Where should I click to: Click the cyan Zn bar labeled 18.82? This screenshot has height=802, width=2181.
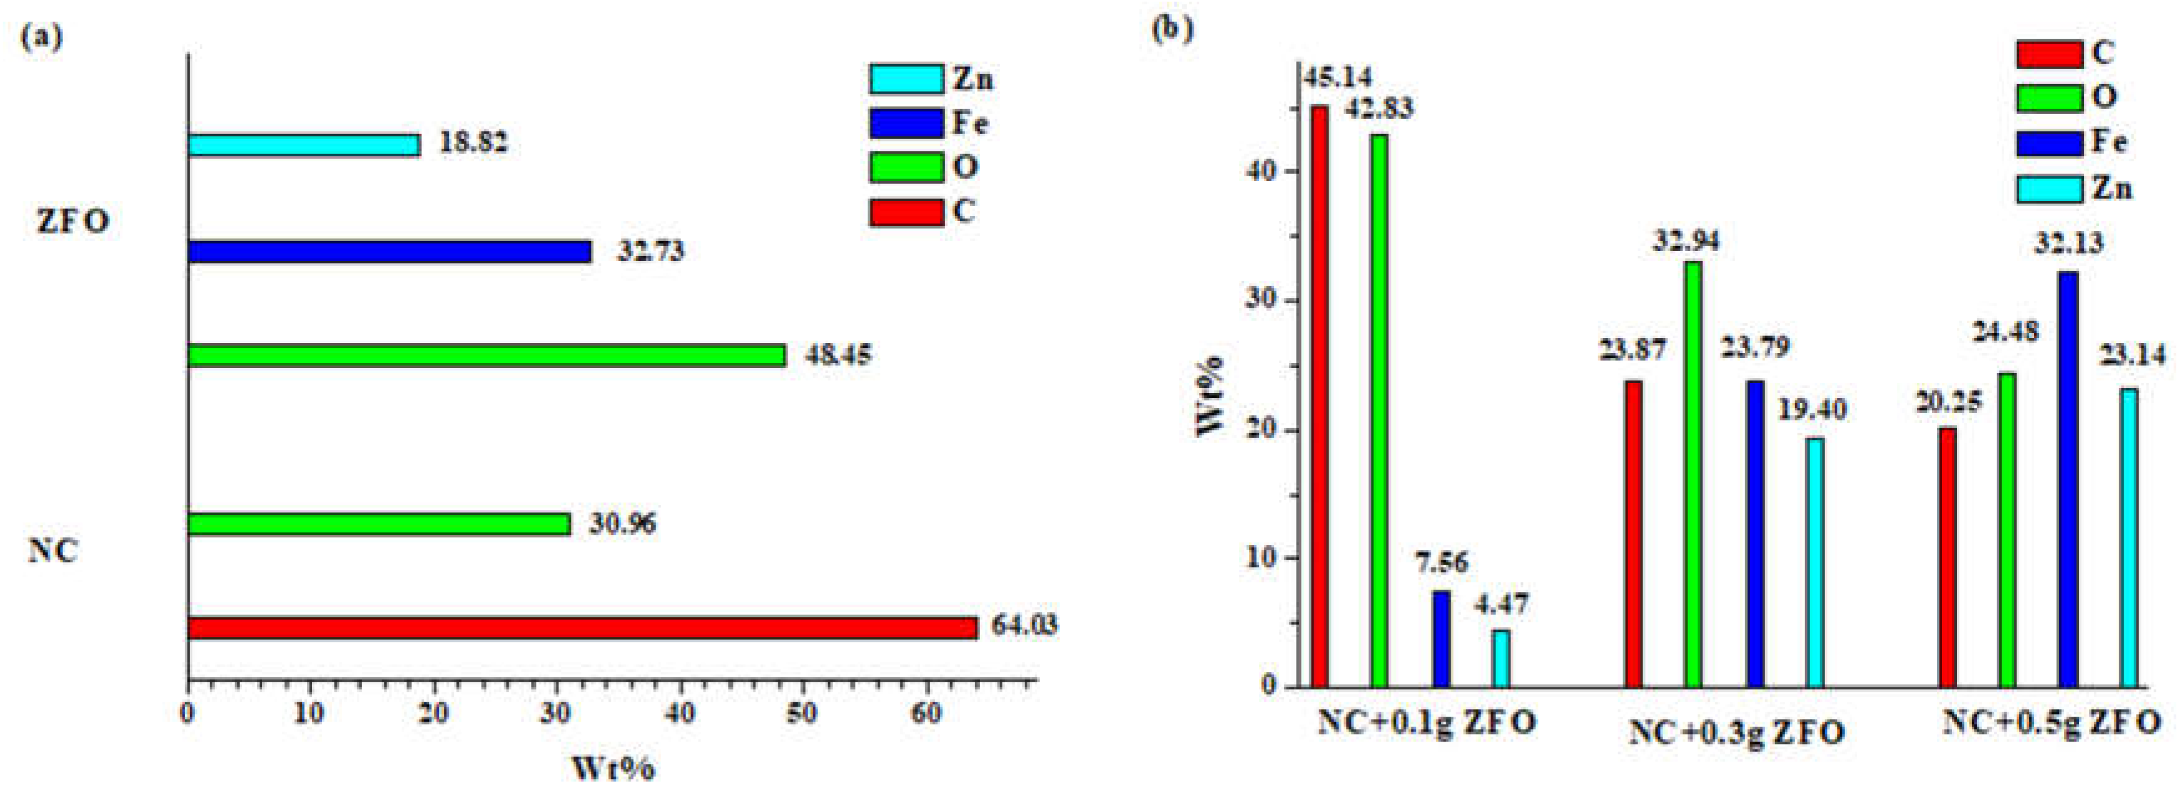point(303,145)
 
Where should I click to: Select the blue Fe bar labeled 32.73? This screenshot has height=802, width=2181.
point(390,252)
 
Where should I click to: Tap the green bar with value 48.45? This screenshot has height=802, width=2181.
point(486,355)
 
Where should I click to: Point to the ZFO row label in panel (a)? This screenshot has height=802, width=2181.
point(73,222)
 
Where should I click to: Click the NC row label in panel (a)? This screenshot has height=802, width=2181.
point(54,551)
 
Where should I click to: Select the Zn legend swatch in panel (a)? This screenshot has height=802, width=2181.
point(906,78)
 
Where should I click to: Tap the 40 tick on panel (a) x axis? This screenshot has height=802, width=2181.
point(680,714)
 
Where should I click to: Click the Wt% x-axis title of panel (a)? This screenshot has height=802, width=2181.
point(613,768)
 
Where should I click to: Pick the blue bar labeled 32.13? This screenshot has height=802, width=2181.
point(2068,478)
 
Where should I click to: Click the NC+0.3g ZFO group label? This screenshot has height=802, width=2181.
point(1736,732)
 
